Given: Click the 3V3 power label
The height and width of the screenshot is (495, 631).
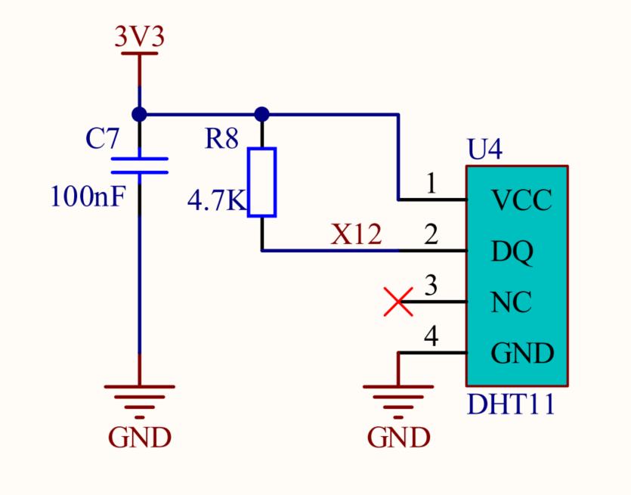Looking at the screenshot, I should [139, 37].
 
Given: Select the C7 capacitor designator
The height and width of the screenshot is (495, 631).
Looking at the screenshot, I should [102, 139].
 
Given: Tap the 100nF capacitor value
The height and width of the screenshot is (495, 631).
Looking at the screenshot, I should [86, 197].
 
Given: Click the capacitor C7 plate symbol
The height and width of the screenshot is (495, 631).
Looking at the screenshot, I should [139, 166].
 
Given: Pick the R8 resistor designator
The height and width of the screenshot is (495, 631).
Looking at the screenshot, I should [221, 139].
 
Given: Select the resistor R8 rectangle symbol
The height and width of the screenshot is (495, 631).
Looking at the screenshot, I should [262, 182].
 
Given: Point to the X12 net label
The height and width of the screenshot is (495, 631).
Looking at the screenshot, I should [357, 235].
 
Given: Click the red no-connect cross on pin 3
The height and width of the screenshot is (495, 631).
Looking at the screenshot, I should [398, 302].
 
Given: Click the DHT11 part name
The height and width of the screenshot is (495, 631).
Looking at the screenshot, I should [511, 404].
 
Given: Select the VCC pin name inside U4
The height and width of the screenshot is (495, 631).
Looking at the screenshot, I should [521, 201].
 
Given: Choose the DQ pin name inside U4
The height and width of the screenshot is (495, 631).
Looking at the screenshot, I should [512, 252].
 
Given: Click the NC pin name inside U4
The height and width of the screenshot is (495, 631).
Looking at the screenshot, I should [512, 302].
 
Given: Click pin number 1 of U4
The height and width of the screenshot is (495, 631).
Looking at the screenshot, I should [431, 185].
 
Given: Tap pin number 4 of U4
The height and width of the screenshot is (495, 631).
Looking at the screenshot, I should [431, 337].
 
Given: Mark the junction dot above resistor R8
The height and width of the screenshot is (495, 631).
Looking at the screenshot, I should [262, 114].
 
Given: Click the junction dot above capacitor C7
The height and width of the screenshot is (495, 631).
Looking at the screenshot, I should [139, 114].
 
